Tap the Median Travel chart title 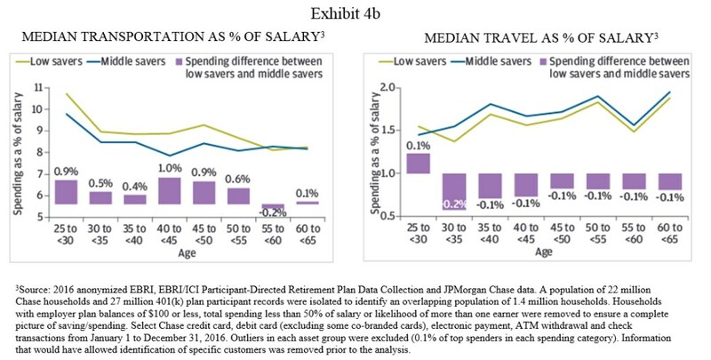coord(541,41)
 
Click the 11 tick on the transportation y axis coord(37,87)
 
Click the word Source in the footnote coord(37,289)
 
